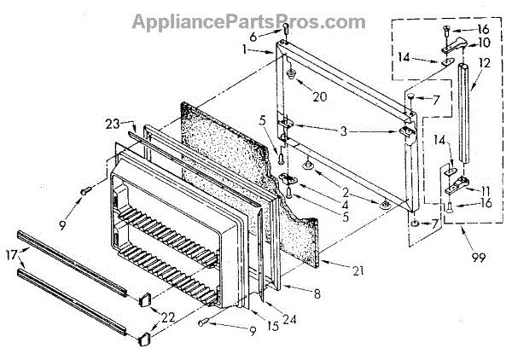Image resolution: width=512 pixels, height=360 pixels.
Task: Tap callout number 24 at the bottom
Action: [x=268, y=321]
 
